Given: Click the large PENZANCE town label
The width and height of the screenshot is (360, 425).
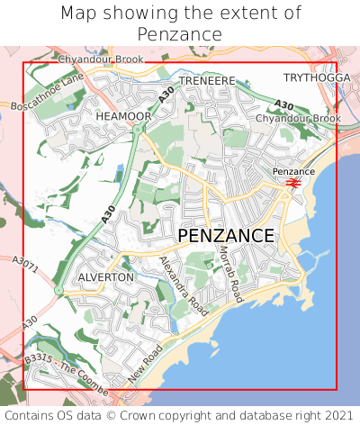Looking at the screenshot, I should [226, 235].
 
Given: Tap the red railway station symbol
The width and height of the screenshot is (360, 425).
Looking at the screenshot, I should [292, 182].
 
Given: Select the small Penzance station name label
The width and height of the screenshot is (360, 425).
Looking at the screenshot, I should [293, 171].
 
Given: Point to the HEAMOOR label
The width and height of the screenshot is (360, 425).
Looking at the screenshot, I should [123, 116].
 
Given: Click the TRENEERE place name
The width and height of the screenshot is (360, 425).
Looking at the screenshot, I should [206, 81].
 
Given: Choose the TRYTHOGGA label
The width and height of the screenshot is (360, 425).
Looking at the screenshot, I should [317, 77].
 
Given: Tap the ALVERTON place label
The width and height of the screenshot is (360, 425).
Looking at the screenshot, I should [105, 277].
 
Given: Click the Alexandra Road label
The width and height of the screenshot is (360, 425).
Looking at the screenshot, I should [183, 285].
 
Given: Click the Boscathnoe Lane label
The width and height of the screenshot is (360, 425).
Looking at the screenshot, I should [48, 93].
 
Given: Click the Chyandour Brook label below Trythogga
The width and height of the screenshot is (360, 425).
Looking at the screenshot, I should [298, 118].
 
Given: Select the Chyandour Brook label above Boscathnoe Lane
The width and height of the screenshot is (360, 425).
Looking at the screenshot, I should [101, 59].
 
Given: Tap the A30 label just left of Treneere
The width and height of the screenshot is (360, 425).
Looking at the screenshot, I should [166, 92].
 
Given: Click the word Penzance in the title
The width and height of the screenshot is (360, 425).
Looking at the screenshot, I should [180, 34].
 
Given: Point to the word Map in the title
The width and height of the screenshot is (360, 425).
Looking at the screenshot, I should [79, 14].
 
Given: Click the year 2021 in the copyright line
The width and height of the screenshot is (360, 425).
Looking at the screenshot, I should [337, 415].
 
